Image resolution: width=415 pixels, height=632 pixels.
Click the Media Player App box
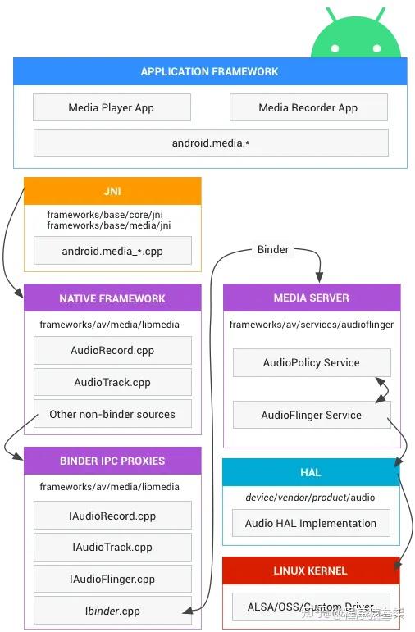[x=112, y=107]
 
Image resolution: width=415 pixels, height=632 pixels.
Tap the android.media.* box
[x=211, y=143]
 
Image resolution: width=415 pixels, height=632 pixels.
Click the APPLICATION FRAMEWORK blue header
[x=210, y=71]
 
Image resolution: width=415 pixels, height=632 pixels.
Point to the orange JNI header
[x=112, y=191]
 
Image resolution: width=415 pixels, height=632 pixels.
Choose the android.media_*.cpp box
[x=112, y=251]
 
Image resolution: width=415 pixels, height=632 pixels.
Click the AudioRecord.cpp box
[x=112, y=350]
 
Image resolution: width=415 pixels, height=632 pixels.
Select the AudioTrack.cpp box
[x=112, y=382]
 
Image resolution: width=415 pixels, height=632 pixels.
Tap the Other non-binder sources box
[x=112, y=414]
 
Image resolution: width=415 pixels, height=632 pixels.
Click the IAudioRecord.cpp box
[x=112, y=516]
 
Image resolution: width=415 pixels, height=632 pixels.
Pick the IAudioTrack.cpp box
[x=112, y=547]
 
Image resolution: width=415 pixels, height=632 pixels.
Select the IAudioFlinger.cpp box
[x=112, y=579]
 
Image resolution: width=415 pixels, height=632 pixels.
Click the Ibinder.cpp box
[x=112, y=611]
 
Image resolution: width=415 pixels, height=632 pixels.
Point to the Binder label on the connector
[x=273, y=249]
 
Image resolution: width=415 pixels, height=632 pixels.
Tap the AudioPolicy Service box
[x=311, y=362]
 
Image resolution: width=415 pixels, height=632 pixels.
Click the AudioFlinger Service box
[x=311, y=415]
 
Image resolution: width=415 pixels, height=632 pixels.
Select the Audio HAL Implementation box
[x=311, y=523]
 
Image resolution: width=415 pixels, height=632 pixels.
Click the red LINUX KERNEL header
[x=311, y=571]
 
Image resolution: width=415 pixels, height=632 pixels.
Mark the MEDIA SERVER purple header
[x=311, y=298]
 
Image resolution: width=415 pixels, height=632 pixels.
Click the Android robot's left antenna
[x=331, y=15]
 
